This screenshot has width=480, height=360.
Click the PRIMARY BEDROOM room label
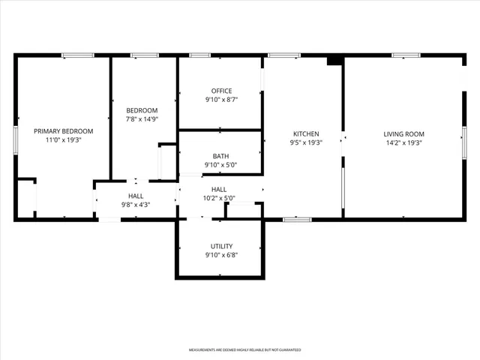(x=63, y=130)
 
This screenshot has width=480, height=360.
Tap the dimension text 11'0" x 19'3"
(x=63, y=139)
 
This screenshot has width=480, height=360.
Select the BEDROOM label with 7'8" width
(x=141, y=110)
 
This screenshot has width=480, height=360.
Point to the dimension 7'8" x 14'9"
(x=141, y=119)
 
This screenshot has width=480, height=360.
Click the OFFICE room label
(x=221, y=91)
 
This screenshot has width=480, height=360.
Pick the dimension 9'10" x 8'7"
(x=221, y=100)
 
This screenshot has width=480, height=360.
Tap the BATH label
(x=221, y=156)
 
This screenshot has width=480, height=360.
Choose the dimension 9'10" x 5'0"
(x=221, y=165)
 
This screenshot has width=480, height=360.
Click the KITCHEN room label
(x=306, y=133)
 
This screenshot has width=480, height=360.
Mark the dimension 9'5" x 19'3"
(x=306, y=142)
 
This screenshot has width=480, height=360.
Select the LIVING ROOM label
(x=404, y=133)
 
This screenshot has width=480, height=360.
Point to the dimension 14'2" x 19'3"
(x=404, y=142)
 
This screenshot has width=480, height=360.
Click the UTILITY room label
(x=221, y=246)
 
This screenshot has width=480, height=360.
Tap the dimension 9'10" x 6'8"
(x=221, y=255)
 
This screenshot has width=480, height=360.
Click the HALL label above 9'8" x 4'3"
(x=136, y=196)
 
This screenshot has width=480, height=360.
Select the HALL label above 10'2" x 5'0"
(x=220, y=190)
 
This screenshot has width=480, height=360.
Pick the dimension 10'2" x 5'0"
(x=220, y=199)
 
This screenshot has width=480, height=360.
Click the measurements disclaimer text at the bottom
(x=244, y=350)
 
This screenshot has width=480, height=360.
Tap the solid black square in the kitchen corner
(x=335, y=61)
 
